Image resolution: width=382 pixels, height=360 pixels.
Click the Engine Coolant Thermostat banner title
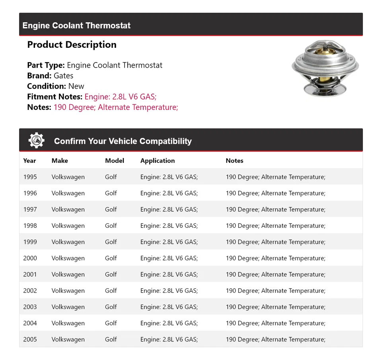click(x=76, y=25)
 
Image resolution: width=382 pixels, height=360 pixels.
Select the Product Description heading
click(x=72, y=45)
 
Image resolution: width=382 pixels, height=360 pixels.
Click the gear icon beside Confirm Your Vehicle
click(x=36, y=141)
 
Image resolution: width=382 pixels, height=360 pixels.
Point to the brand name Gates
click(x=63, y=76)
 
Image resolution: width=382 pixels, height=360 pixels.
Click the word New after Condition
click(x=76, y=86)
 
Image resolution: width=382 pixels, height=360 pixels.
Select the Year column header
click(x=29, y=160)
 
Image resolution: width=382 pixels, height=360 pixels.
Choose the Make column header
click(x=60, y=160)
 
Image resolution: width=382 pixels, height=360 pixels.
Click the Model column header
click(x=115, y=160)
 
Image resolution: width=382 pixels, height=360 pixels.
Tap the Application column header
click(x=158, y=160)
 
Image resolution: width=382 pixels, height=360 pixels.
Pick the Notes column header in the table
click(x=234, y=160)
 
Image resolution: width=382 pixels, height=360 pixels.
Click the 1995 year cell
click(x=30, y=177)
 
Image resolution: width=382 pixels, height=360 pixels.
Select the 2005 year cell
click(x=30, y=339)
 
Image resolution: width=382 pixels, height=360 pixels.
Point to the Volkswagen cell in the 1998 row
click(x=68, y=225)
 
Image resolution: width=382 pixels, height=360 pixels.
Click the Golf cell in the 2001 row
click(x=111, y=274)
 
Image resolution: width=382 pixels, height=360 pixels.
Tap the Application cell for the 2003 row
click(x=169, y=307)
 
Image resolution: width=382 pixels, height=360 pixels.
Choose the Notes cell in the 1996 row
click(x=275, y=193)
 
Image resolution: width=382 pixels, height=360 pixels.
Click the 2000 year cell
click(x=30, y=258)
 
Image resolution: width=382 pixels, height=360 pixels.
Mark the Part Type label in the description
click(x=46, y=65)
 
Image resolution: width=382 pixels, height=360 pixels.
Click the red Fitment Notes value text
click(x=121, y=97)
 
